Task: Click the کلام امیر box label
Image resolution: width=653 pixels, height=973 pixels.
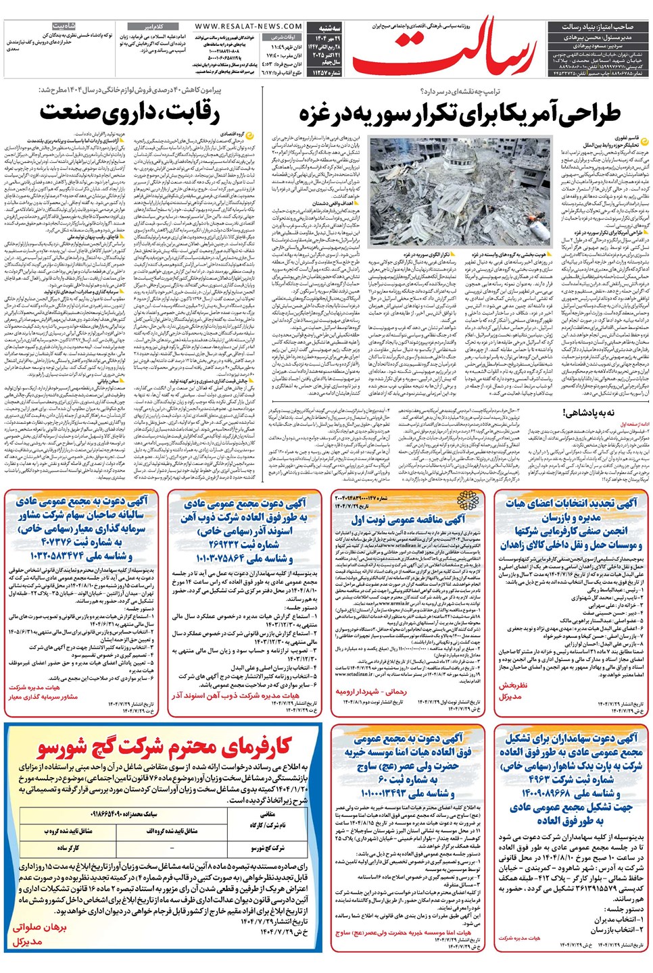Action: pos(155,26)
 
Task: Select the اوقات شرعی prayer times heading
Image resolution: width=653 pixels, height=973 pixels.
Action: pos(284,37)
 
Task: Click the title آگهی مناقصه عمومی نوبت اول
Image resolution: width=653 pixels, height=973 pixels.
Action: pos(408,519)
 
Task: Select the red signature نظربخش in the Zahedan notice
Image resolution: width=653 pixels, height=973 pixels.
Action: pos(512,685)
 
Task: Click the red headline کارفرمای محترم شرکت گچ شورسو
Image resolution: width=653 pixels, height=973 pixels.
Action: pos(164,747)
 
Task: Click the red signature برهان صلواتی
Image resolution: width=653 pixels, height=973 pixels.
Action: pos(40,928)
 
